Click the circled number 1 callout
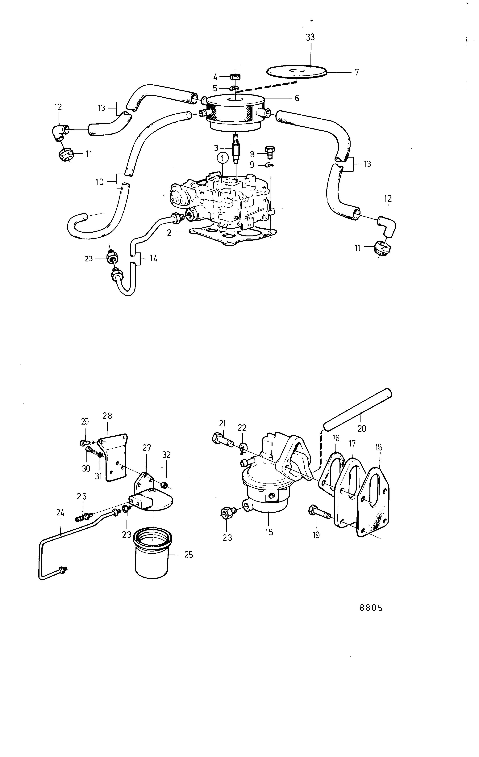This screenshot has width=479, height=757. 222,158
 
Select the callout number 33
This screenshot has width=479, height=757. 310,37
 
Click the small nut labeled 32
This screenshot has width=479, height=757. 164,485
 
